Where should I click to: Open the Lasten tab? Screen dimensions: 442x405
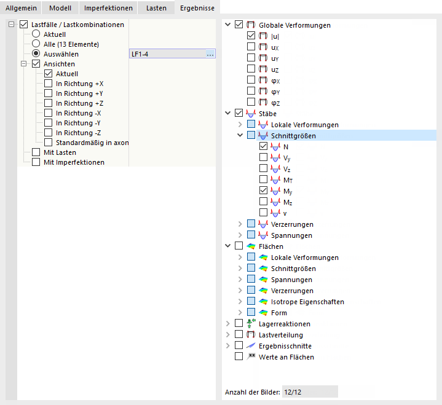click(156, 8)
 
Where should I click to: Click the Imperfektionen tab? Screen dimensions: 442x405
click(108, 8)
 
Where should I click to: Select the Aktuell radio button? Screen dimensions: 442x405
click(36, 34)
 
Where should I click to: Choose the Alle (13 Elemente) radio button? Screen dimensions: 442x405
click(36, 44)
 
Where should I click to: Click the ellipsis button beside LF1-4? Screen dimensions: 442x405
click(210, 54)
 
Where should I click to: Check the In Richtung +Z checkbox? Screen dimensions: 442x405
click(48, 103)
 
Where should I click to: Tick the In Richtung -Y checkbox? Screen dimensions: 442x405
click(48, 123)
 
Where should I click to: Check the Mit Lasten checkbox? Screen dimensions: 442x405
click(36, 152)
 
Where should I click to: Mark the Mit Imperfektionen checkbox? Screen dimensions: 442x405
click(36, 162)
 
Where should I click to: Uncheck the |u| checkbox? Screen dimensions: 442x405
click(251, 36)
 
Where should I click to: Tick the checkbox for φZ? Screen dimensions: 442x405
click(251, 102)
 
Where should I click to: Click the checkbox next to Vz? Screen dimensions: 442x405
click(263, 168)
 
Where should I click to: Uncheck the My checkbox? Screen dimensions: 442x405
click(263, 191)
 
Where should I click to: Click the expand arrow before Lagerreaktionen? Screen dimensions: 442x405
click(228, 323)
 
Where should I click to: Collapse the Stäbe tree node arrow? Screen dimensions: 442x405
click(228, 113)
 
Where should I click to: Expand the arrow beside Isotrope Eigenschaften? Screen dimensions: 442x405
click(240, 301)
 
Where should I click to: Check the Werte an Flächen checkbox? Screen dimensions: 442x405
click(239, 356)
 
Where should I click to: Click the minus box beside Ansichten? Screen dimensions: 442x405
click(24, 64)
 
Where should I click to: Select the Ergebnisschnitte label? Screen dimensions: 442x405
click(285, 346)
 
